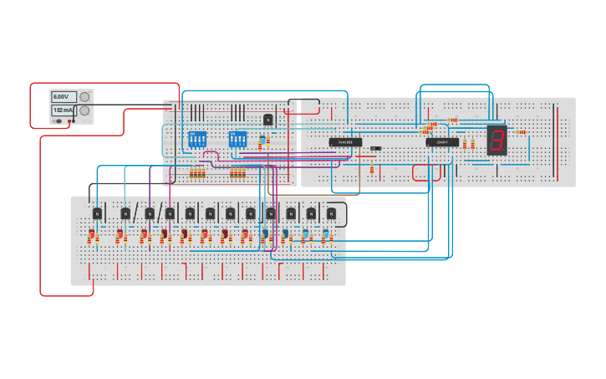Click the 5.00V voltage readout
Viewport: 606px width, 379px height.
(64, 97)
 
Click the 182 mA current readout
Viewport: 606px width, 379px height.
(64, 110)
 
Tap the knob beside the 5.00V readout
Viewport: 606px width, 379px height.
(84, 97)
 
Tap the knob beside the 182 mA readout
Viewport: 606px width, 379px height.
(84, 110)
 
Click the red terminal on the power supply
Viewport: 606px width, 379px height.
(71, 121)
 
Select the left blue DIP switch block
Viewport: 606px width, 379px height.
(197, 139)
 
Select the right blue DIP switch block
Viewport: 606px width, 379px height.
(237, 139)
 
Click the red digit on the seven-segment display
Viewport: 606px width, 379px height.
(497, 140)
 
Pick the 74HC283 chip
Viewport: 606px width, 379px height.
(345, 142)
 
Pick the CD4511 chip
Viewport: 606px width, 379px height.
(442, 142)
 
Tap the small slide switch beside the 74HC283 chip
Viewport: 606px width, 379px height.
(376, 148)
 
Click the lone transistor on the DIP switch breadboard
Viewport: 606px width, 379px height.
(268, 120)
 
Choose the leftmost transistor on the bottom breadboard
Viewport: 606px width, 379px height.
(97, 213)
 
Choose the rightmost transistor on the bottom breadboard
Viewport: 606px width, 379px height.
(331, 213)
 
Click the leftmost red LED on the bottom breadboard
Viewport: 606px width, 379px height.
(92, 235)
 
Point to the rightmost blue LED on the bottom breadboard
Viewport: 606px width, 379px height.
(325, 234)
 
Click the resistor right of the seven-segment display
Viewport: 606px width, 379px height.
(521, 131)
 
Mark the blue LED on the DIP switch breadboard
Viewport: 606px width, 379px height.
(262, 139)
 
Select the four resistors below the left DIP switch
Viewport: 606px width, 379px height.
(197, 173)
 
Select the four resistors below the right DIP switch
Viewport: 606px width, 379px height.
(237, 173)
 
